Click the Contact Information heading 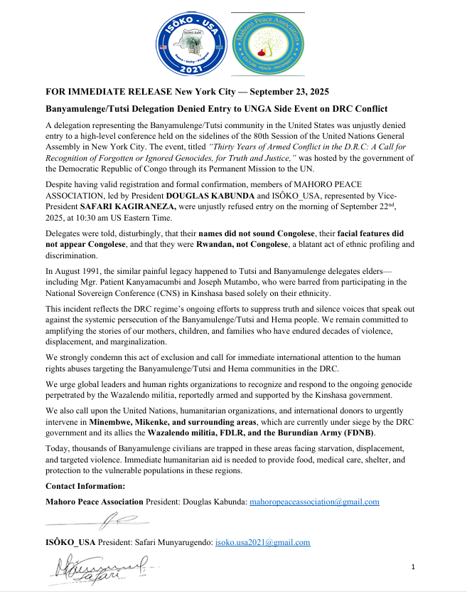click(85, 486)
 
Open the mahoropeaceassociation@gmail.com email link click(313, 502)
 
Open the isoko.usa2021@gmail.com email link click(262, 542)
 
